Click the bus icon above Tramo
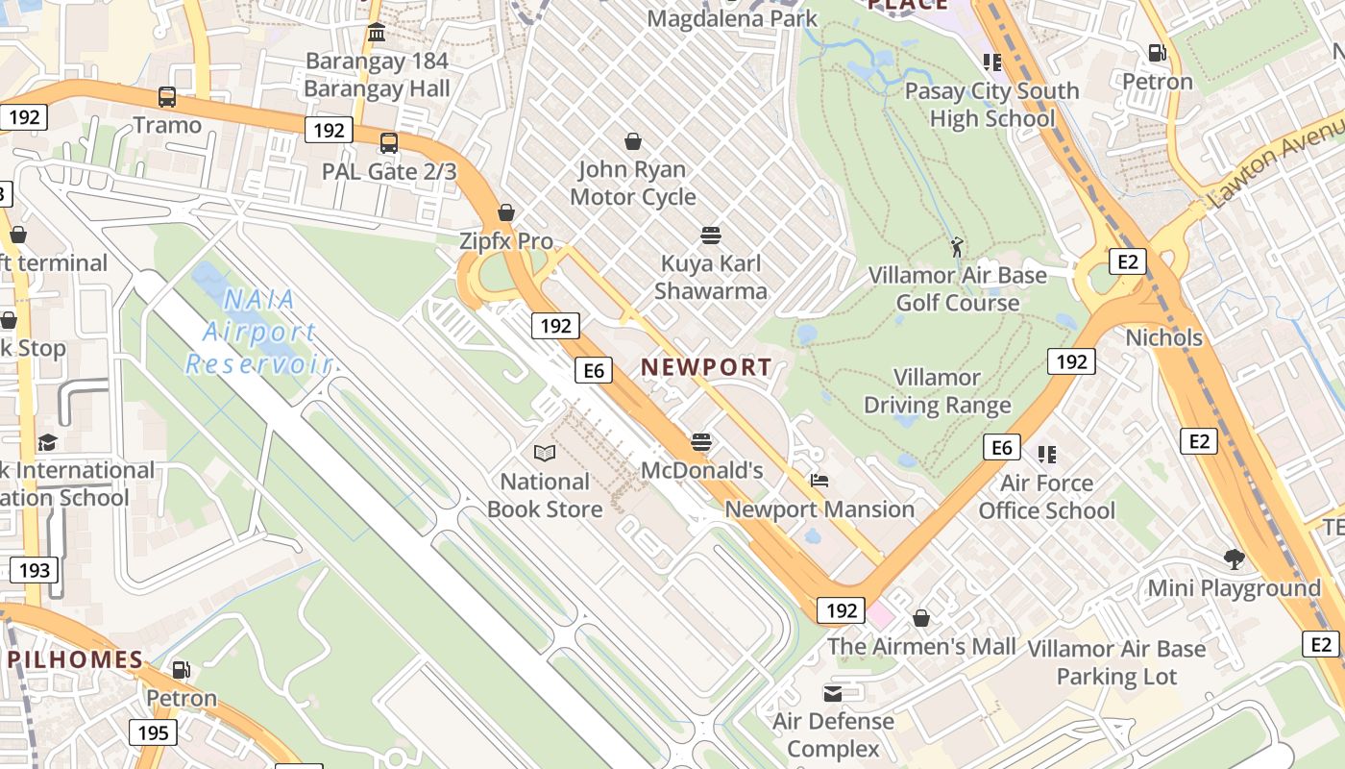tap(167, 96)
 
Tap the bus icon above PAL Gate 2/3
tap(389, 143)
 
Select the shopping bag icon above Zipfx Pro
tap(506, 212)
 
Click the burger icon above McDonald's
tap(702, 442)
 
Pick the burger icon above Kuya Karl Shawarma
tap(711, 236)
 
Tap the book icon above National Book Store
tap(545, 453)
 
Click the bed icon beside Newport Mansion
tap(819, 481)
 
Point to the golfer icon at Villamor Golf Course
tap(957, 248)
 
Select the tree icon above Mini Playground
tap(1235, 559)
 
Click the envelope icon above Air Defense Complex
tap(833, 693)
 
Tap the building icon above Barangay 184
tap(377, 34)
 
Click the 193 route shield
tap(34, 570)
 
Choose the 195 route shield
tap(153, 733)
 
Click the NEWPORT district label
tap(706, 367)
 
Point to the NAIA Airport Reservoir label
tap(259, 333)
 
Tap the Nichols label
tap(1163, 337)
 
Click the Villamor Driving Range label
tap(938, 391)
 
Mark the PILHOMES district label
tap(76, 660)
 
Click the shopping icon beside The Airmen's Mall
tap(921, 618)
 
